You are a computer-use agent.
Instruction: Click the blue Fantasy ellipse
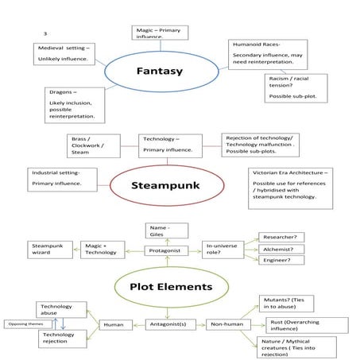(159, 72)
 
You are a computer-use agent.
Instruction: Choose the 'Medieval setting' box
(65, 53)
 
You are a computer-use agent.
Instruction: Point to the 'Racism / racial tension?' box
(295, 87)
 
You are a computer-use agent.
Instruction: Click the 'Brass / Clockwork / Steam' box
(94, 145)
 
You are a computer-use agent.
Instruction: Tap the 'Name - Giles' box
(167, 230)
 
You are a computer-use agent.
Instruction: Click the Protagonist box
(168, 251)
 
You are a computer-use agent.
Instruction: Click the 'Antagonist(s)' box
(168, 324)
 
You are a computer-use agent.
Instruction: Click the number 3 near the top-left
(45, 33)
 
